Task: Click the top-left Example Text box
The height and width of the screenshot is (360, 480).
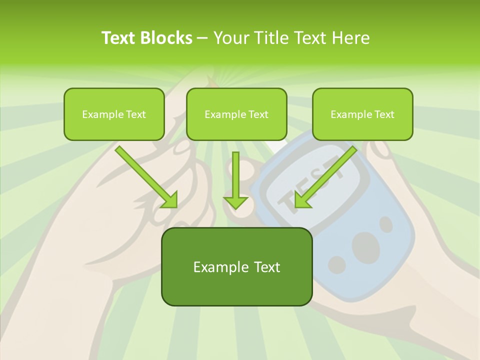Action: point(114,114)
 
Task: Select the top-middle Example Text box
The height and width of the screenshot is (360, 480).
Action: point(236,114)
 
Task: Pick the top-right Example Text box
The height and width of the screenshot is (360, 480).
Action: point(362,114)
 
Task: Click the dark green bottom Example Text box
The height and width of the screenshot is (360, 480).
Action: point(236,266)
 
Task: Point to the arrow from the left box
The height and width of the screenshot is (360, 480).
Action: point(145,175)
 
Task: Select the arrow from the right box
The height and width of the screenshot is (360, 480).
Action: point(327,175)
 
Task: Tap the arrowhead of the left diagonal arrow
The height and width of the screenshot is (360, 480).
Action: point(170,200)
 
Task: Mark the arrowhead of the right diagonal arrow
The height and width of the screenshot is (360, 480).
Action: point(302,200)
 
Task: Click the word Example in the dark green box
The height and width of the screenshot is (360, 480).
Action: point(214,267)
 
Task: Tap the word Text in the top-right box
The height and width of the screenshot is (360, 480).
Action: point(384,114)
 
